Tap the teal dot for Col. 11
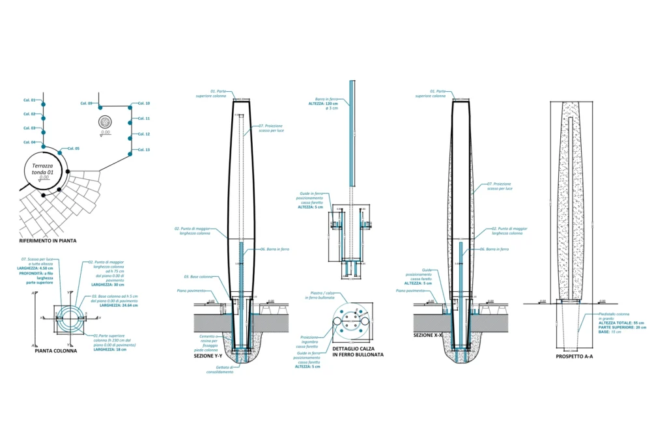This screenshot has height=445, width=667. coord(132,119)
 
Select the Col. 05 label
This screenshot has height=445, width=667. coord(72,149)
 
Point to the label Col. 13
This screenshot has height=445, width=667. coord(144,150)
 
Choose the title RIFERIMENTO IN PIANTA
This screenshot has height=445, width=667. coord(48,240)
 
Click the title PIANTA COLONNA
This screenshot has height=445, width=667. coord(55,351)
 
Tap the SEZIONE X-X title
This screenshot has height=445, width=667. coord(428,334)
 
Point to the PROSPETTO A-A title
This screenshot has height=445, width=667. coord(575,356)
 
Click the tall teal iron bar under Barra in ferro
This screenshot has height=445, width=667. coord(352,131)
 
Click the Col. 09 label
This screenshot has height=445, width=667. coord(87,104)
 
